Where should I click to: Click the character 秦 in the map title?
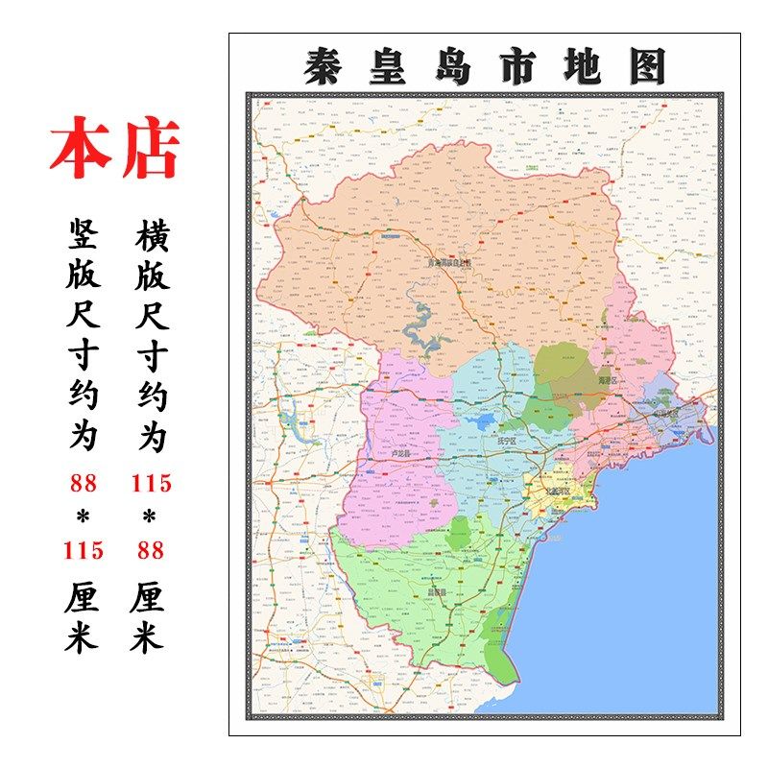(x=322, y=66)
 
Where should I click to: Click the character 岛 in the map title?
(x=451, y=66)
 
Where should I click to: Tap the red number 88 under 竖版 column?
(x=84, y=484)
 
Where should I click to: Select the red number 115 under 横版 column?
(x=151, y=484)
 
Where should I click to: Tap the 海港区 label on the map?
(x=610, y=380)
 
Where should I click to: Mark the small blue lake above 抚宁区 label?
(x=483, y=420)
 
